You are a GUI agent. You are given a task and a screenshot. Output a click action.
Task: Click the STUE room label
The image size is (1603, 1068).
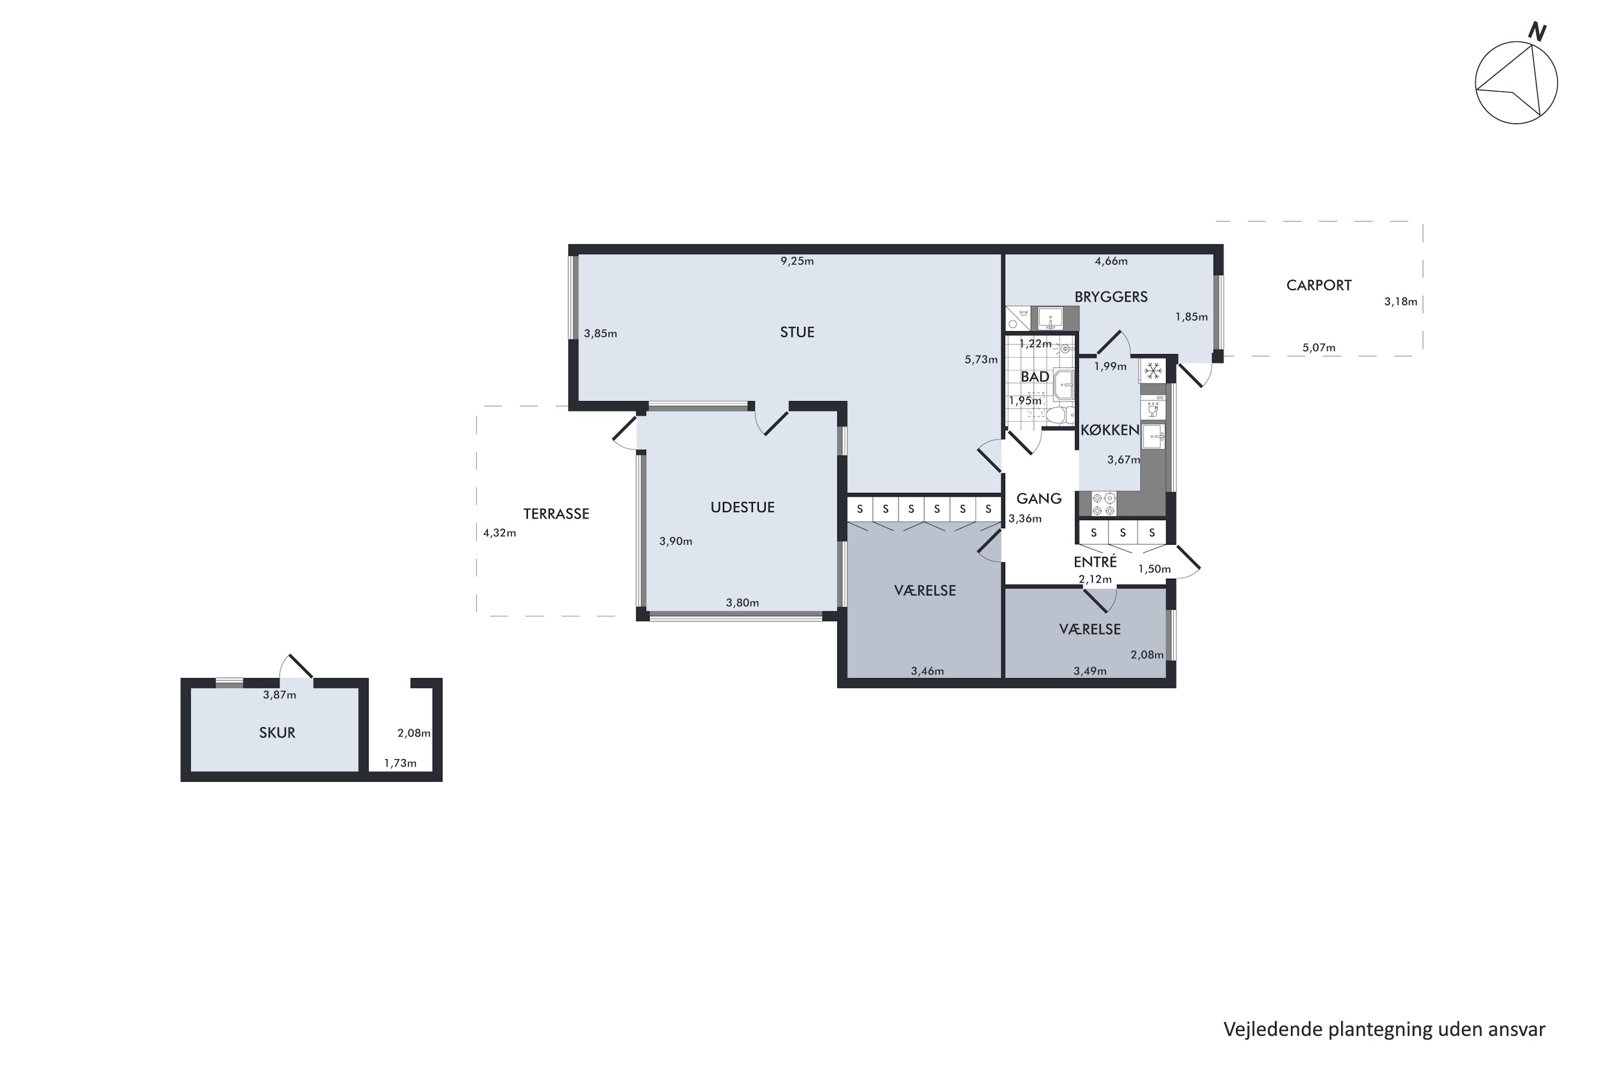pos(797,332)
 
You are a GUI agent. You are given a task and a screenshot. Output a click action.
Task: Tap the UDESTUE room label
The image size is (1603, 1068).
pos(742,507)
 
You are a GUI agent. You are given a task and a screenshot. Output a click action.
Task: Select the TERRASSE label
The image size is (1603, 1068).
pos(556,514)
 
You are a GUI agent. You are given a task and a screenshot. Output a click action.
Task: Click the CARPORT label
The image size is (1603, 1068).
pos(1319,285)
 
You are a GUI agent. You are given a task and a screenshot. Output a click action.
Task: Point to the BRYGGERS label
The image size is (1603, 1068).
pos(1111,297)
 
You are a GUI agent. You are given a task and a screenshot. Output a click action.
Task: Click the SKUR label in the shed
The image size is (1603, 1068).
pos(277,733)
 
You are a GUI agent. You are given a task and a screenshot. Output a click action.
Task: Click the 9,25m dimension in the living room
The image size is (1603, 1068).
pos(797,261)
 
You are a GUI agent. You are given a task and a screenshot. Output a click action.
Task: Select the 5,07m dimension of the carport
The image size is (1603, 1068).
pos(1319,348)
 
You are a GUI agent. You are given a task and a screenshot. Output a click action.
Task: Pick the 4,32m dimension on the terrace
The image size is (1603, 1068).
pos(500,533)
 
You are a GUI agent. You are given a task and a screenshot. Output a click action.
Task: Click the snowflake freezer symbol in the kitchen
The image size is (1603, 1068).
pos(1153,371)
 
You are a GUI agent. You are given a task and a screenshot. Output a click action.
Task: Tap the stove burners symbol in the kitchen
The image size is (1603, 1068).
pos(1103,504)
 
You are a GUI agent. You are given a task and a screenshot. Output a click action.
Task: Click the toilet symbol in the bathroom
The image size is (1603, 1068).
pos(1057,415)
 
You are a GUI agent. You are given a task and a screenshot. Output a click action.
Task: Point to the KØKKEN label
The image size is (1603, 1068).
pos(1110,430)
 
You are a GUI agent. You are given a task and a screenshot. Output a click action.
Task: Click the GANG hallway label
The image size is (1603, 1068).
pos(1039,499)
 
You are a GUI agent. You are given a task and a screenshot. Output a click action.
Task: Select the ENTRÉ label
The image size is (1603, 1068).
pos(1094,562)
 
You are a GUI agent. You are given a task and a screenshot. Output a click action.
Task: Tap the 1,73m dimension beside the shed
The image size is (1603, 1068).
pos(400,763)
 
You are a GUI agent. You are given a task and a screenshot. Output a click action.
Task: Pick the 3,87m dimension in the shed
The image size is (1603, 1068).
pos(279,695)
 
